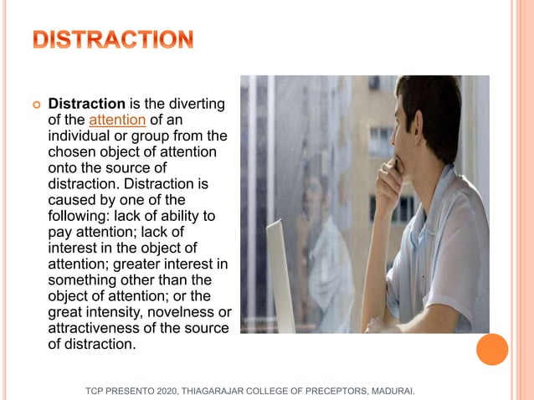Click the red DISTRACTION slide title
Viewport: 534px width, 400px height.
(x=113, y=39)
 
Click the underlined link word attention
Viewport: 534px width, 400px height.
(x=117, y=120)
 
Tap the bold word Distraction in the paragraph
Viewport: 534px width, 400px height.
(x=86, y=105)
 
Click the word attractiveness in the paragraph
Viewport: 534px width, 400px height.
(x=98, y=327)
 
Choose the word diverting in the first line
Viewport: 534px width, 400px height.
(x=198, y=105)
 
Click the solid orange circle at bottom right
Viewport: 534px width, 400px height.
(x=492, y=349)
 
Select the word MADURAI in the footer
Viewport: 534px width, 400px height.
(x=389, y=391)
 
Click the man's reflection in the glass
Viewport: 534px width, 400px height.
(x=322, y=243)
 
